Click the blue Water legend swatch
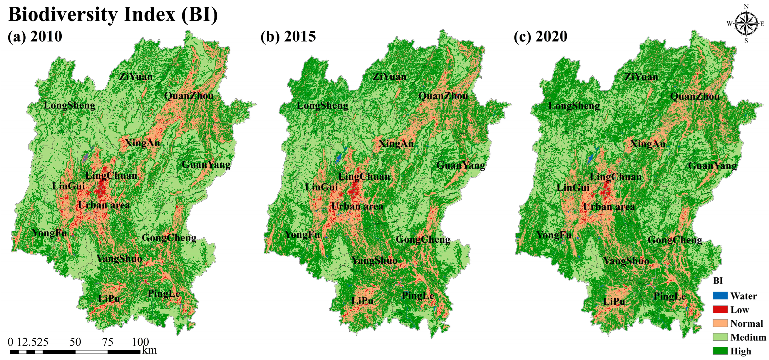[x=720, y=296]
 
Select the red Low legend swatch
[x=720, y=309]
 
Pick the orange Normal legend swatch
[x=720, y=323]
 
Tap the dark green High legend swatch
[x=720, y=351]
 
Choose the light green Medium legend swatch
[x=720, y=337]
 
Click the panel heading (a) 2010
[x=35, y=36]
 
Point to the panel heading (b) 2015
[x=288, y=36]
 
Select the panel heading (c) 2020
[x=540, y=36]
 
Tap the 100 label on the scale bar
[x=140, y=342]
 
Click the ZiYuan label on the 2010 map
[x=136, y=77]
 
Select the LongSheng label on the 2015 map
[x=322, y=106]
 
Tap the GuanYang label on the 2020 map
[x=712, y=165]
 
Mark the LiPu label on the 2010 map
[x=109, y=299]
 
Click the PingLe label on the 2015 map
[x=418, y=296]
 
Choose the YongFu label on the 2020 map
[x=554, y=235]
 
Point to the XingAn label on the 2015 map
[x=396, y=144]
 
